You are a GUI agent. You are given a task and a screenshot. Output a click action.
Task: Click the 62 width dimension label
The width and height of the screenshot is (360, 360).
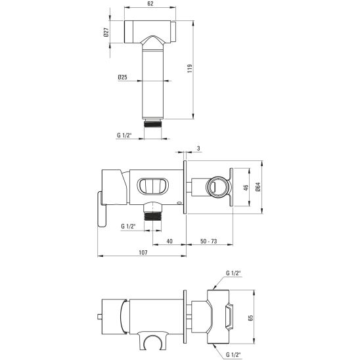pos(150,4)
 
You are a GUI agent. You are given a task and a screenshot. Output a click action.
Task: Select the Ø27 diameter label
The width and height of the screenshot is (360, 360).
pos(106,32)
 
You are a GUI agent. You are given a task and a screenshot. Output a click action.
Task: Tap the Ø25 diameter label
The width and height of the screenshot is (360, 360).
pos(122,77)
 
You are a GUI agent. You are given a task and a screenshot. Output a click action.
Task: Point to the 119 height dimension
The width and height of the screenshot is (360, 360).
pos(190,68)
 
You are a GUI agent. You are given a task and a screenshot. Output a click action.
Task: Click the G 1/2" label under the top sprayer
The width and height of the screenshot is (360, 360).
pos(124,135)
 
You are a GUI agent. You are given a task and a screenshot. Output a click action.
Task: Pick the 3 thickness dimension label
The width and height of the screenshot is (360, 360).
pos(198,148)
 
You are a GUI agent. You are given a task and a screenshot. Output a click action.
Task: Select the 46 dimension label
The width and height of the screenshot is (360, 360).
pos(246,188)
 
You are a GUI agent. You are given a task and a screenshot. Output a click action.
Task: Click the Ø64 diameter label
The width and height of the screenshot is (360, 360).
pos(258,187)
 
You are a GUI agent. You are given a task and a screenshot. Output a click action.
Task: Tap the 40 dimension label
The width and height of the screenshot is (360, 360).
pos(169,241)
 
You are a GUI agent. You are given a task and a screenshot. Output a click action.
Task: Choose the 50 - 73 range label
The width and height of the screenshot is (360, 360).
pos(208,241)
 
